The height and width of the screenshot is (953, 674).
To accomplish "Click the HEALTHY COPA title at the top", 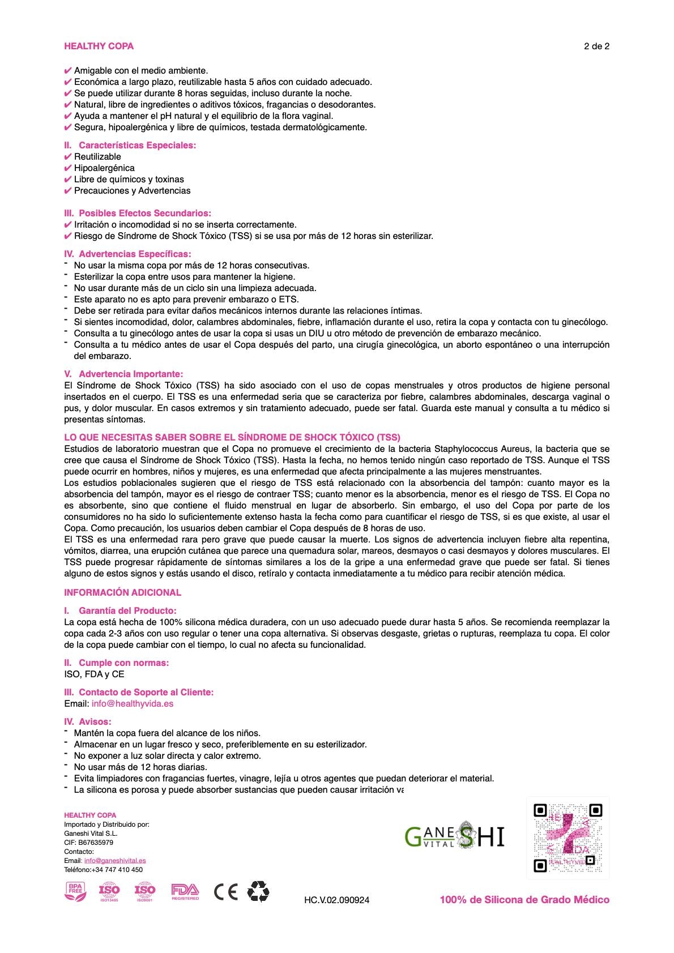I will point(99,46).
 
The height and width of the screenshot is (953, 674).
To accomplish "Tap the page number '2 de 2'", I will point(596,46).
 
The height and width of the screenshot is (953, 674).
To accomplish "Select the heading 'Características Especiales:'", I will point(137,146).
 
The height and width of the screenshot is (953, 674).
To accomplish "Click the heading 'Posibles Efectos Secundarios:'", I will point(144,213).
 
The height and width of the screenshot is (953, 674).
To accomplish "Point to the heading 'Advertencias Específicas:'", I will point(135,254).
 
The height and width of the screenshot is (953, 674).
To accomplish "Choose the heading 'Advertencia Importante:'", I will point(131,374).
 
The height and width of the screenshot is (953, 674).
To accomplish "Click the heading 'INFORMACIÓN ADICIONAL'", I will point(122,593).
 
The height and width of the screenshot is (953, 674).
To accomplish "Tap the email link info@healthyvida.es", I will point(133,704).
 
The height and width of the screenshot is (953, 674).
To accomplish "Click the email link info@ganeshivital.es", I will point(115,861).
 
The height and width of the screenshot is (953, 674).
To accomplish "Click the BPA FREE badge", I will point(75,892).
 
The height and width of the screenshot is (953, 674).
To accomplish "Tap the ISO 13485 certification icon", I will point(109,892).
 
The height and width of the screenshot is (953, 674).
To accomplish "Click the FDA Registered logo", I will point(185,892).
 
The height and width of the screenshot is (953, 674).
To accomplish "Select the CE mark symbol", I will point(225,892).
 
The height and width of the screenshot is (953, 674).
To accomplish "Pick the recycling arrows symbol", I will point(258,891).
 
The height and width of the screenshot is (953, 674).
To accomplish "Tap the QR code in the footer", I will point(568,837).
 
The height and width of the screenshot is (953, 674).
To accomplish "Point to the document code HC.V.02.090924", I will point(336,900).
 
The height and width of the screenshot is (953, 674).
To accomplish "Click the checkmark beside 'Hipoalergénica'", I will point(68,168).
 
